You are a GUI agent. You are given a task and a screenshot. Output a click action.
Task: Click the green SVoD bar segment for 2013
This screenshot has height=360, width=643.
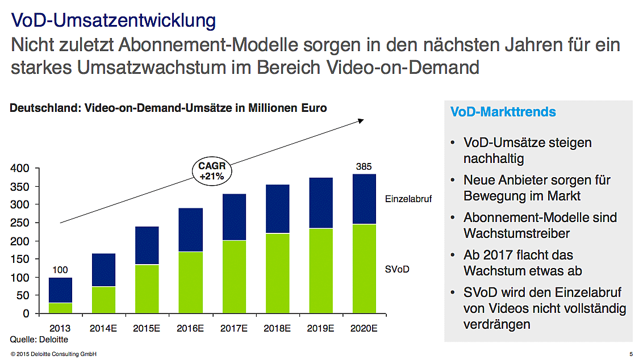pyautogui.click(x=60, y=308)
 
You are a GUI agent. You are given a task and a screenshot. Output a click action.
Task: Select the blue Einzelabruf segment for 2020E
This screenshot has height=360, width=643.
pyautogui.click(x=364, y=199)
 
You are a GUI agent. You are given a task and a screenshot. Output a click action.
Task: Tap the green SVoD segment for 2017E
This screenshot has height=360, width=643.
pyautogui.click(x=234, y=277)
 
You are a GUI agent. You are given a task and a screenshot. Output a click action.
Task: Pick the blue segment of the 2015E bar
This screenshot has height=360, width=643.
pyautogui.click(x=147, y=245)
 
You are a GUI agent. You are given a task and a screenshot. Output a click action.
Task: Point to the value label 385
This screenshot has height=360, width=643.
pyautogui.click(x=364, y=167)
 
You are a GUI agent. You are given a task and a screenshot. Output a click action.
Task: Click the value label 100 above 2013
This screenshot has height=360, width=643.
pyautogui.click(x=60, y=270)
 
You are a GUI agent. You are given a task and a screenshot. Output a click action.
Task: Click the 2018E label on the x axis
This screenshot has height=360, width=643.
pyautogui.click(x=278, y=328)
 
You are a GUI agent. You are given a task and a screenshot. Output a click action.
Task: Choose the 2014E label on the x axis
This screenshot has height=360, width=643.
pyautogui.click(x=103, y=328)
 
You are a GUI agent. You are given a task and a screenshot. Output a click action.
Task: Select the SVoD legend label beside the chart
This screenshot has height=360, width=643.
pyautogui.click(x=396, y=269)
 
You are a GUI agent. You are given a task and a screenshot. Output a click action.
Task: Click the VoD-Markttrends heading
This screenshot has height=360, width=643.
pyautogui.click(x=503, y=112)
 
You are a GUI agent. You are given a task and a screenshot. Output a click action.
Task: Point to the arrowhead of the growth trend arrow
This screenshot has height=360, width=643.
pyautogui.click(x=361, y=120)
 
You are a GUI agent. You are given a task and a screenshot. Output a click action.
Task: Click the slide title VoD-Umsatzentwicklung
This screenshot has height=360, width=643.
pyautogui.click(x=114, y=20)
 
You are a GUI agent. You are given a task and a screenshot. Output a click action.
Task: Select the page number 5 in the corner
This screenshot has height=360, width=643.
pyautogui.click(x=631, y=354)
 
